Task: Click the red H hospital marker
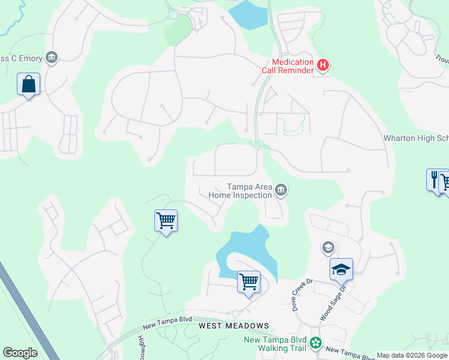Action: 323,65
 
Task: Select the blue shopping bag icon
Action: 28,85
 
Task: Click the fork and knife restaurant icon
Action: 434,179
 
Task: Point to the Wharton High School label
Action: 416,138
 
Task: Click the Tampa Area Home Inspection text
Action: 240,191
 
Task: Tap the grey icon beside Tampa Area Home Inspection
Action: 281,191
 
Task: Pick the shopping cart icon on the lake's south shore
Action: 248,281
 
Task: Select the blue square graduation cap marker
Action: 341,269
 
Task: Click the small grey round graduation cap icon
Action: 328,247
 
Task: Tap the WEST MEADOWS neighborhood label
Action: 234,325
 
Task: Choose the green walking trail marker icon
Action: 315,344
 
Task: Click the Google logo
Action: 20,352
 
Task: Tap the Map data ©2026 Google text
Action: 412,355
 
